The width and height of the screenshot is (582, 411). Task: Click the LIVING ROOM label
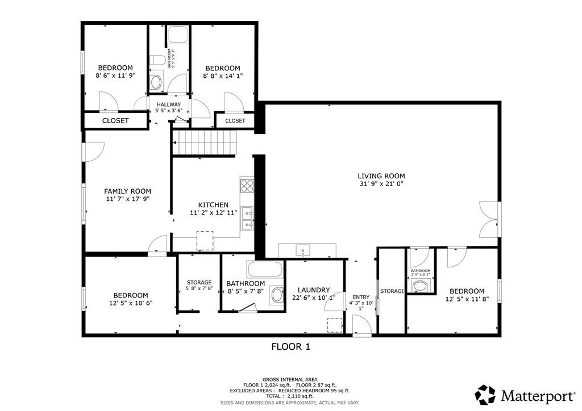pos(381,176)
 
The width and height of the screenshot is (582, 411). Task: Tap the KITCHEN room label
pos(213,205)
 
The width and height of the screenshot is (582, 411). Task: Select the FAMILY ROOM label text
pos(127,191)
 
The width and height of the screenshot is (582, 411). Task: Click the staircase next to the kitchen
pos(204,142)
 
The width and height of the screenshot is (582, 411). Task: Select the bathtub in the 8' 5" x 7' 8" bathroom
pos(264,268)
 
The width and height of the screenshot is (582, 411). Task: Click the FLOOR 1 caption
pos(290,346)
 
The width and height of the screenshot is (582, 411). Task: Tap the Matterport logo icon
pos(486,395)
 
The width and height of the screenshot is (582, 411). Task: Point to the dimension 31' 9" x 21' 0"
pos(381,184)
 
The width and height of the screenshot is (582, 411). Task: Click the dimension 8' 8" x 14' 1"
pos(223,76)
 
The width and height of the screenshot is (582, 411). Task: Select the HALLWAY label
pos(169,104)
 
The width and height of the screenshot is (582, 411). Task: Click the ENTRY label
pos(361,297)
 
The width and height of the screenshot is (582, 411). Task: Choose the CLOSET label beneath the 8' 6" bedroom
pos(115,121)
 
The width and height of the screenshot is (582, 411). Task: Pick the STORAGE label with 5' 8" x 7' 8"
pos(199,282)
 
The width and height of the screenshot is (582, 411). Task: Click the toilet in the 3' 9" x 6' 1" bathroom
pos(421,286)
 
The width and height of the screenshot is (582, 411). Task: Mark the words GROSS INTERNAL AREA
pos(290,379)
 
